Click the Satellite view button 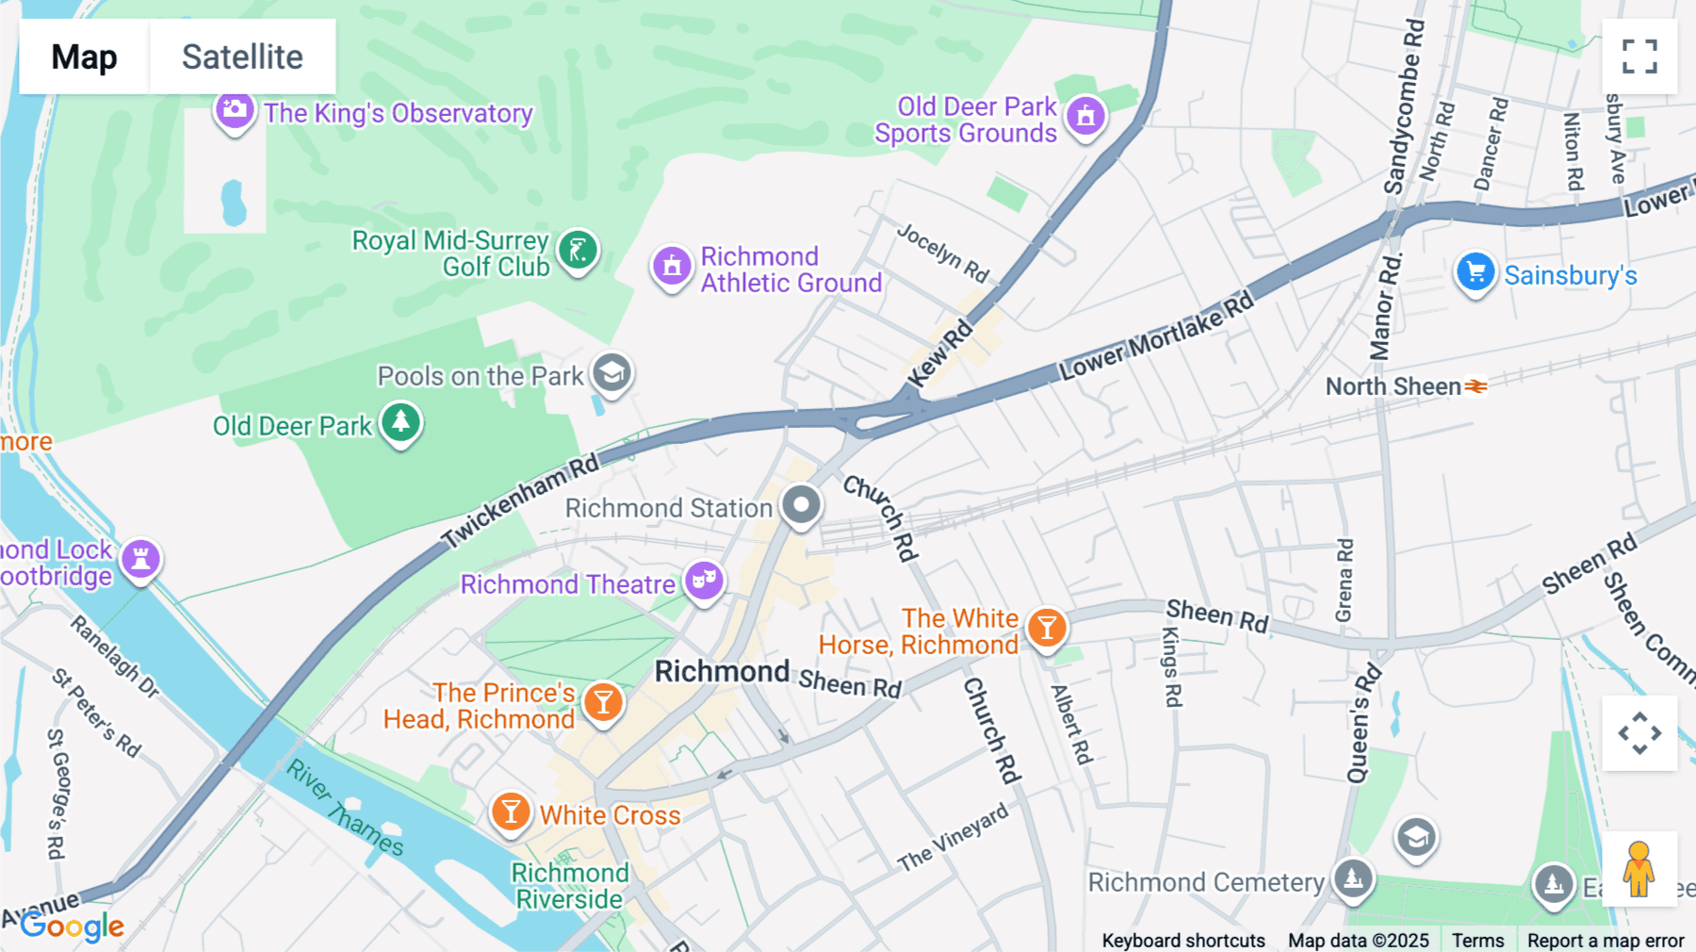(x=242, y=57)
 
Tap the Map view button (x=84, y=57)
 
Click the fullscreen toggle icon (x=1639, y=57)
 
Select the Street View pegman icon (x=1639, y=868)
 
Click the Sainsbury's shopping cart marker (x=1475, y=272)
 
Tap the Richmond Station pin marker (x=802, y=505)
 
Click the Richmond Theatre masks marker (x=704, y=580)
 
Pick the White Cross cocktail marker (x=511, y=812)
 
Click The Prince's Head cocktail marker (x=603, y=702)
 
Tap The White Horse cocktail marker (x=1046, y=627)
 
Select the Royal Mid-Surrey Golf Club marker (x=578, y=251)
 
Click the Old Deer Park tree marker (x=400, y=421)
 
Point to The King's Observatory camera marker (x=234, y=111)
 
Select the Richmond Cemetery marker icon (x=1353, y=878)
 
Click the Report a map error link (x=1605, y=940)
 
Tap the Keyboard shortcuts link (x=1182, y=940)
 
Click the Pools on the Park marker (x=612, y=373)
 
